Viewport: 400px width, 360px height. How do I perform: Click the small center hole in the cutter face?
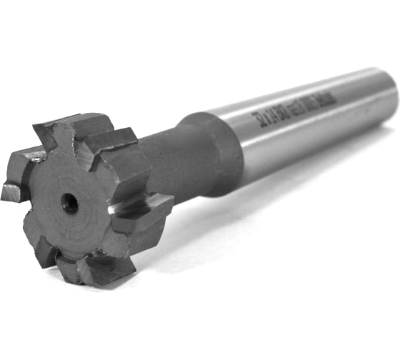[x=70, y=204]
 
